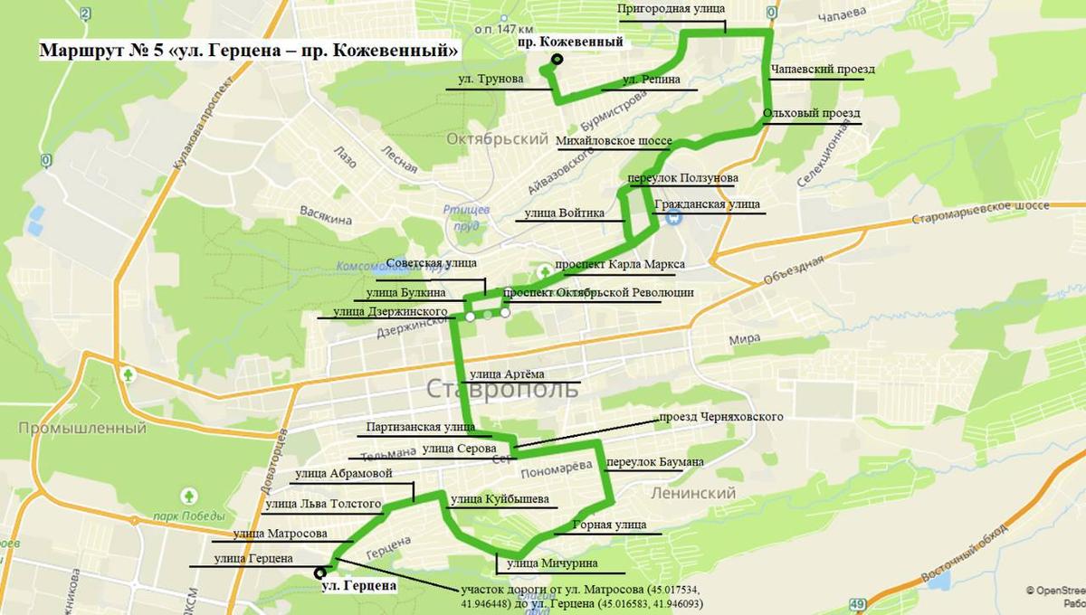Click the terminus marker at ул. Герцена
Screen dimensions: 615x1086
[x=319, y=572]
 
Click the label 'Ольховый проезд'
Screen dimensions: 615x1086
[x=811, y=113]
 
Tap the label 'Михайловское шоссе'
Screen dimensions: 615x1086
[x=614, y=142]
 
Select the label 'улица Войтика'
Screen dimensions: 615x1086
[x=564, y=213]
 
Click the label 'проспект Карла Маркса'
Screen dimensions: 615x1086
[x=620, y=264]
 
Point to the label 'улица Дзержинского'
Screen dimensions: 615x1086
[x=390, y=311]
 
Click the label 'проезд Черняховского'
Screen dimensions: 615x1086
[x=720, y=417]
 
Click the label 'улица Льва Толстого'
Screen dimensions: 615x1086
[x=323, y=503]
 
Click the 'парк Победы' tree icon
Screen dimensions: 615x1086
[x=189, y=496]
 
